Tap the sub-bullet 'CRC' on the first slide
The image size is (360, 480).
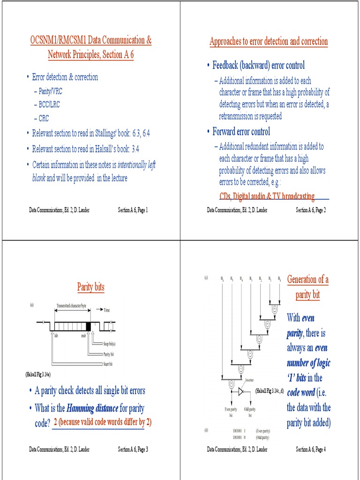[44, 119]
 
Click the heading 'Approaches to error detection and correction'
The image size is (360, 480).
[269, 42]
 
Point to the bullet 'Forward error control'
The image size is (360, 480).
[241, 132]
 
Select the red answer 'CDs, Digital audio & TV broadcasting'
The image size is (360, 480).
[267, 196]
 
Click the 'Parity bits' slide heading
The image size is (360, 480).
[91, 287]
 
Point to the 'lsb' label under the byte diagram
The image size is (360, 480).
[56, 336]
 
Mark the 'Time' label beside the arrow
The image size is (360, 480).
[107, 310]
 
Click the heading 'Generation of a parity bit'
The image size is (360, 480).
[307, 287]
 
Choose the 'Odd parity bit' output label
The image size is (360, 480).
[250, 412]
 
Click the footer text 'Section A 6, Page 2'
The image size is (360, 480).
[310, 210]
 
